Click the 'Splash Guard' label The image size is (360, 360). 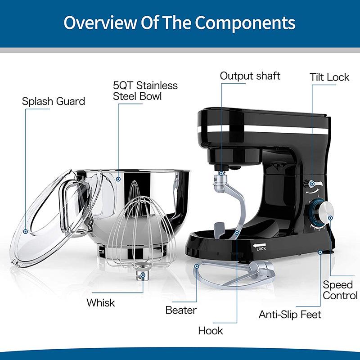click(53, 101)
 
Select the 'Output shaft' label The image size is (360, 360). click(250, 76)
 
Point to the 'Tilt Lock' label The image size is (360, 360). click(329, 77)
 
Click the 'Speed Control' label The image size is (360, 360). click(340, 290)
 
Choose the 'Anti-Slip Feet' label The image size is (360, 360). click(290, 314)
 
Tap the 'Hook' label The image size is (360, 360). click(211, 330)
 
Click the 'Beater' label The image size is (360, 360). click(181, 310)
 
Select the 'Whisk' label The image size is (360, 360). click(101, 302)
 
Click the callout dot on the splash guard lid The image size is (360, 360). click(26, 231)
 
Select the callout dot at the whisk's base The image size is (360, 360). click(144, 274)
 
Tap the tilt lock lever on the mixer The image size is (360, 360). click(315, 183)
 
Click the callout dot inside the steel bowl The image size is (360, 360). click(118, 178)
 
